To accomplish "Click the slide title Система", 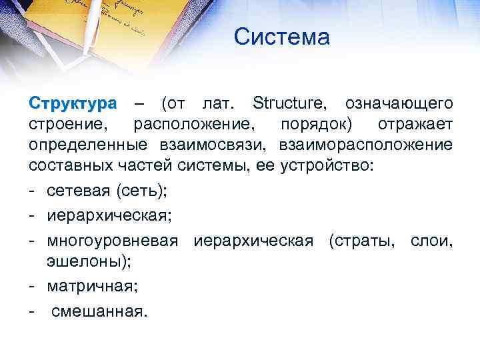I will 282,37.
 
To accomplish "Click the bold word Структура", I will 73,104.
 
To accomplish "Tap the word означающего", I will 400,104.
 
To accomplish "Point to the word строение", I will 68,125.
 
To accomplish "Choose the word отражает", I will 415,125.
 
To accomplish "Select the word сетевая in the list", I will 79,191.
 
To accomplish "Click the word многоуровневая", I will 113,241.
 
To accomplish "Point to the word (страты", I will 363,241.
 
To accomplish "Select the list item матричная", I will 89,287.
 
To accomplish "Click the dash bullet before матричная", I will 33,287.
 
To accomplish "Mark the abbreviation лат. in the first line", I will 217,104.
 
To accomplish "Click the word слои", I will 431,241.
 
